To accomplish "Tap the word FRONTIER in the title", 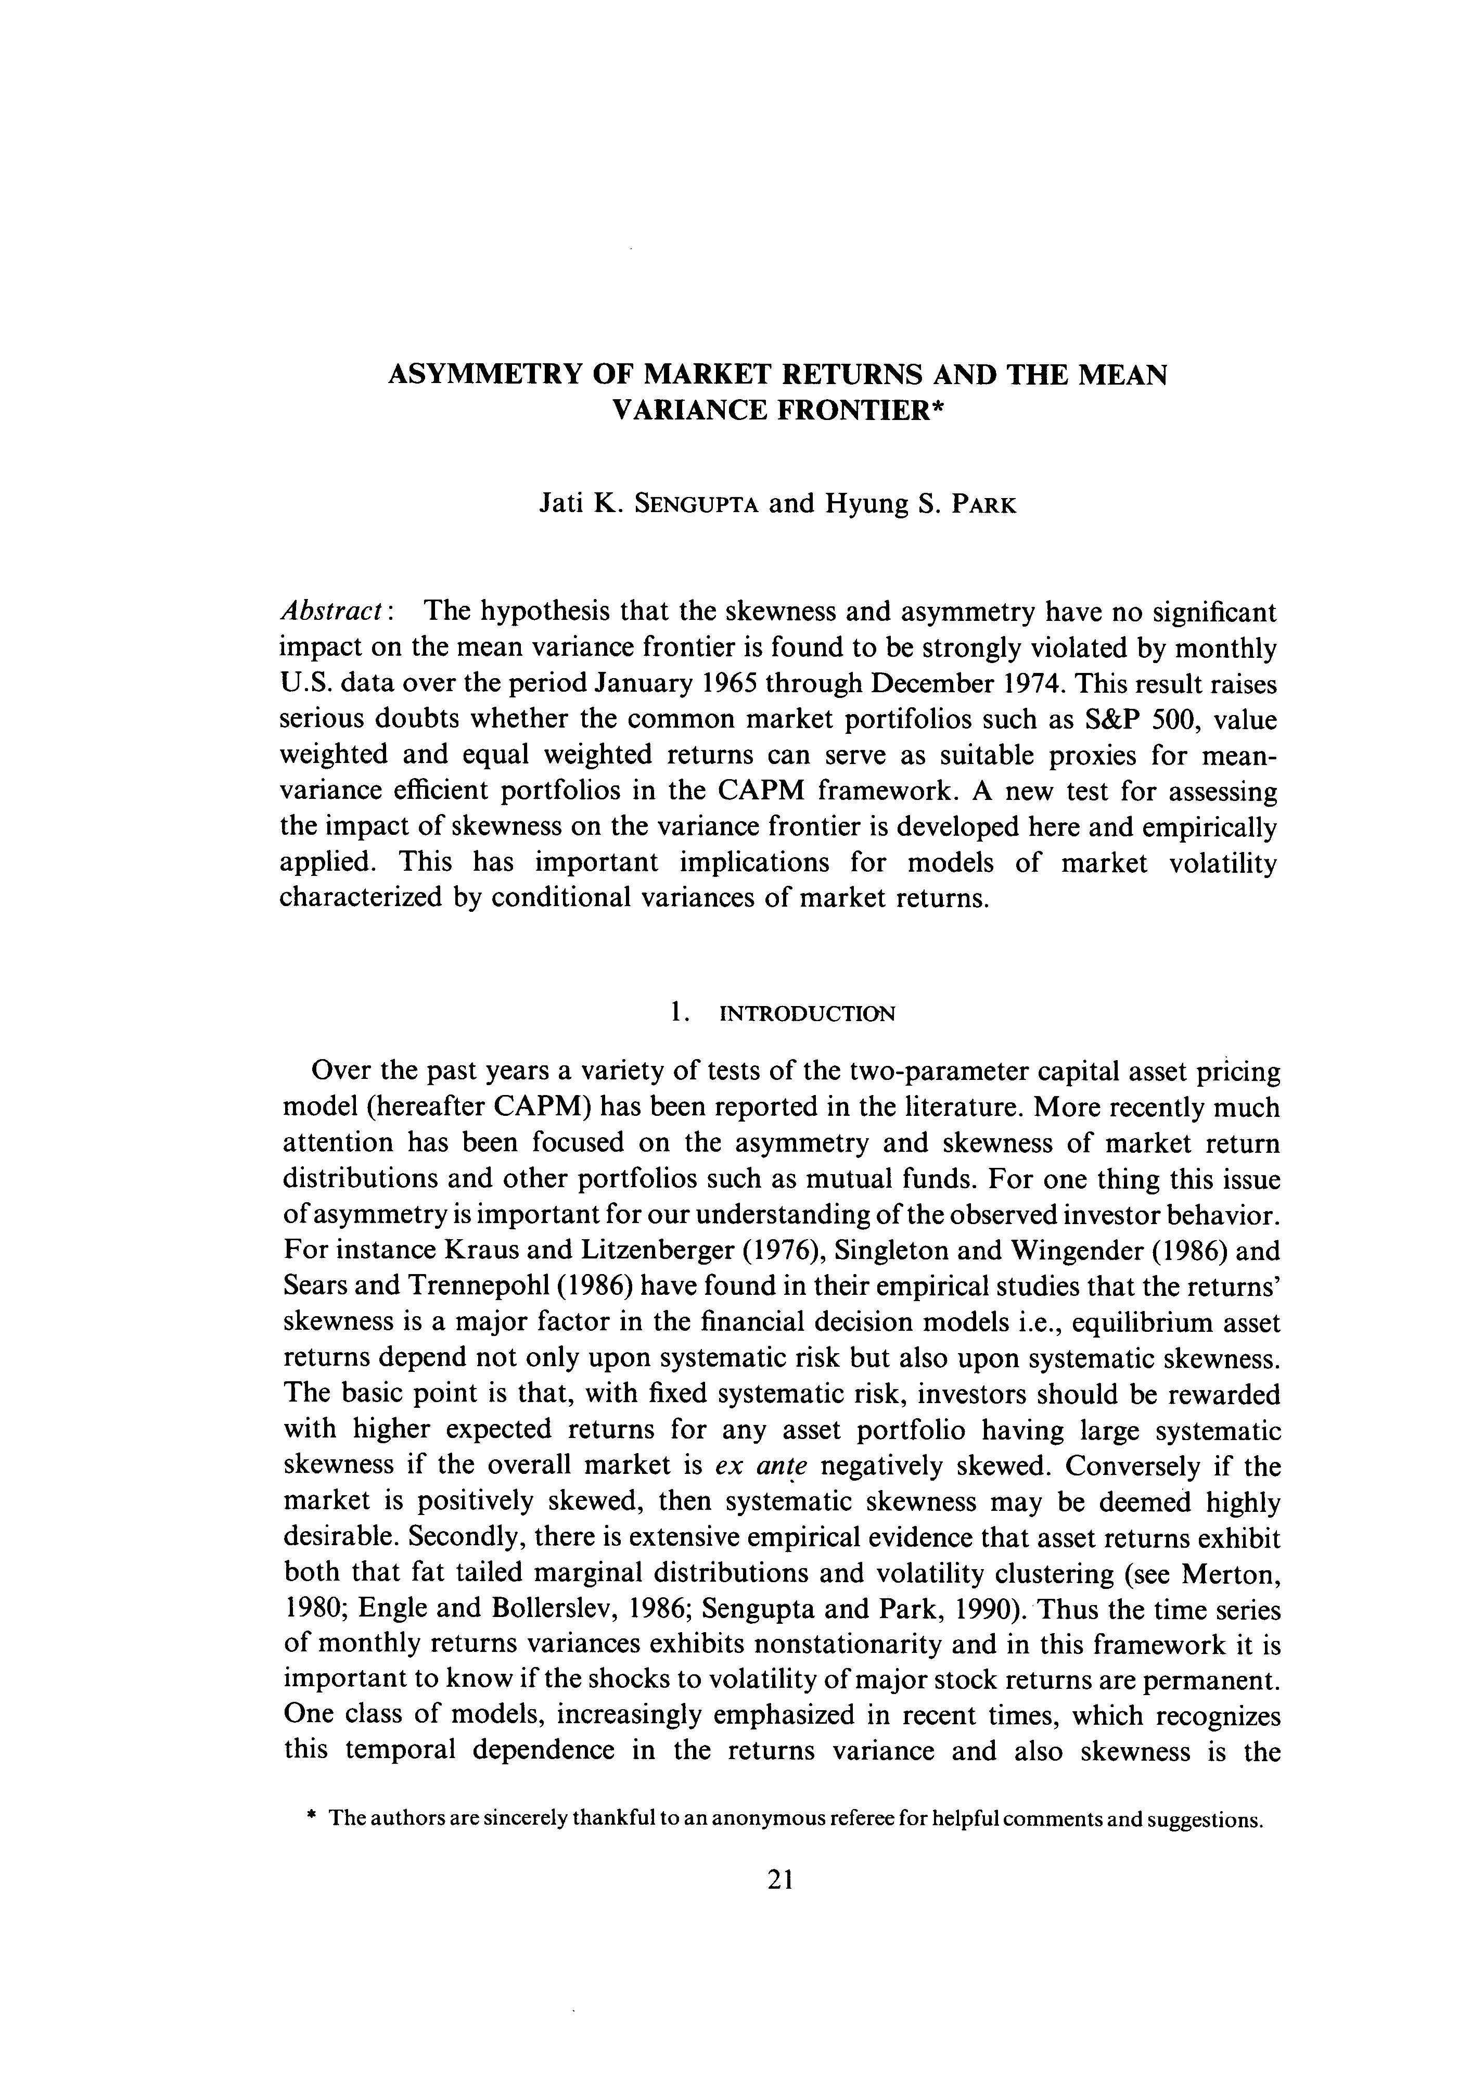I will tap(860, 411).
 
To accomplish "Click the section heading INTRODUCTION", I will tap(808, 1013).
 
